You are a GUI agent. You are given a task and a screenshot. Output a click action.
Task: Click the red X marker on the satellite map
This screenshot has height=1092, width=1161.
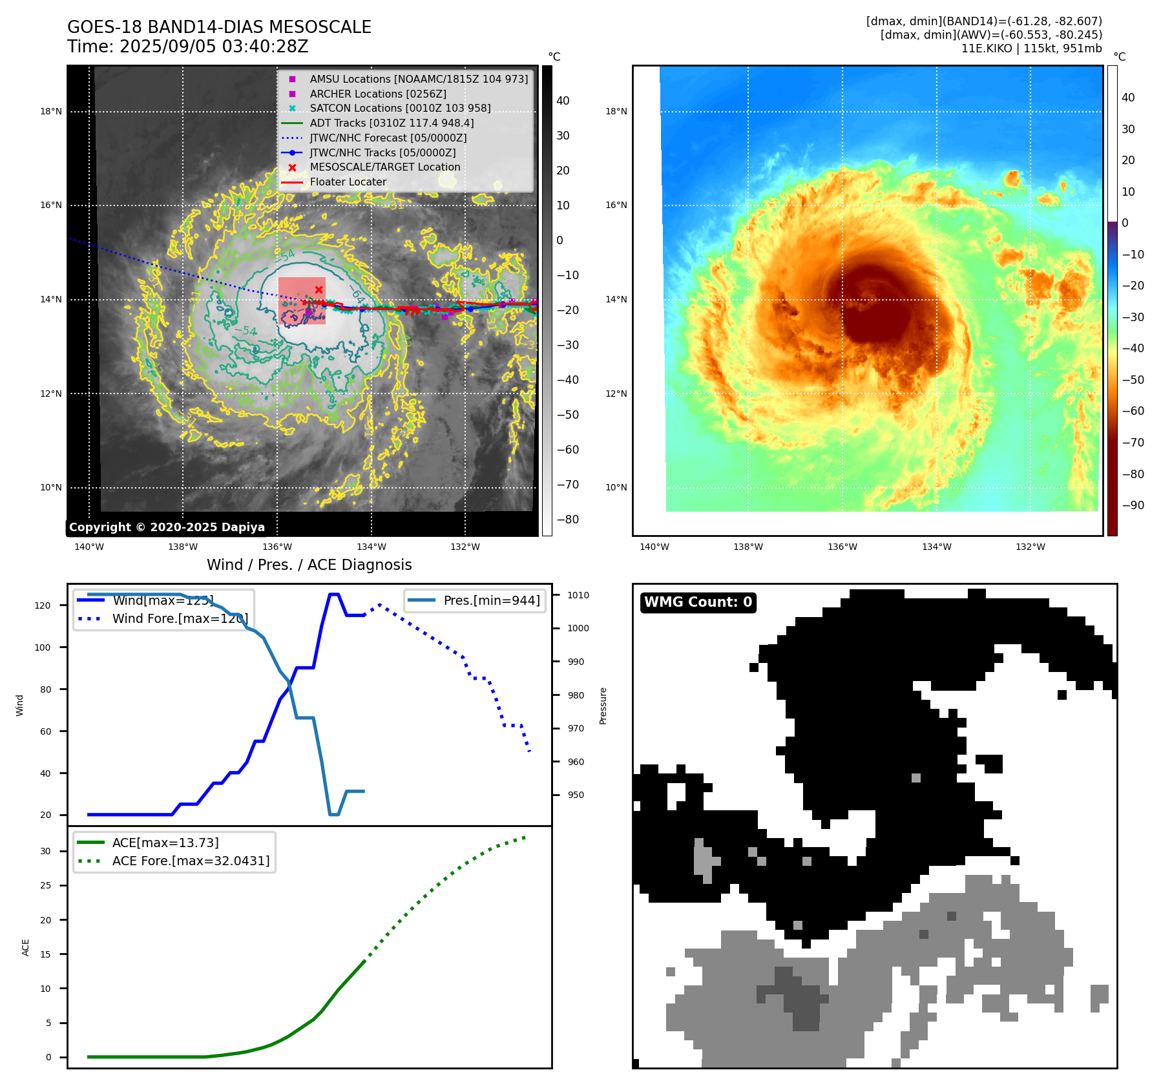[x=319, y=289]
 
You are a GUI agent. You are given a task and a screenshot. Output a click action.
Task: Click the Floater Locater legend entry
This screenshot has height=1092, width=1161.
[x=348, y=182]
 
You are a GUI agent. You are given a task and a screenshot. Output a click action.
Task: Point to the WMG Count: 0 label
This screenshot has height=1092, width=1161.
[x=698, y=602]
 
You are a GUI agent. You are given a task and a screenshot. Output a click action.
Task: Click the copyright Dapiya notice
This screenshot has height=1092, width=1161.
[x=167, y=527]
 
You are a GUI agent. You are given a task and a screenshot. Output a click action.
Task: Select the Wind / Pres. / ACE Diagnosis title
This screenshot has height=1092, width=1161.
[x=309, y=565]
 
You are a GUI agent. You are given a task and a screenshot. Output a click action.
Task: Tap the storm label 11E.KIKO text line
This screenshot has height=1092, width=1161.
[x=1031, y=48]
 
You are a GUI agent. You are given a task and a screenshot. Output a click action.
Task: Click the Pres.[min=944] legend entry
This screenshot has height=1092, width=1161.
[x=491, y=600]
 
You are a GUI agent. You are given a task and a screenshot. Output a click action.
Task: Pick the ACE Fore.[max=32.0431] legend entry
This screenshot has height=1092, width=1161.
[x=191, y=861]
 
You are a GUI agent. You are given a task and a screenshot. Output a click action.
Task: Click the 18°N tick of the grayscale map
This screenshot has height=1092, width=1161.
[x=51, y=111]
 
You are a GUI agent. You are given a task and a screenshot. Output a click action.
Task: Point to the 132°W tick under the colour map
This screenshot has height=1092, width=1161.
[x=1030, y=547]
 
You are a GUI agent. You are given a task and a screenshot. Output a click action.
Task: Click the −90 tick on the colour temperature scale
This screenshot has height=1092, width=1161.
[x=1133, y=505]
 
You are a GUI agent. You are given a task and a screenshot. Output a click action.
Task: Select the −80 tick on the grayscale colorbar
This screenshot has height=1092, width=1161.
[x=568, y=520]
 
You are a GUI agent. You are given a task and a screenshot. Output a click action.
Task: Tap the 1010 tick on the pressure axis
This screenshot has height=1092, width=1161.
[x=578, y=595]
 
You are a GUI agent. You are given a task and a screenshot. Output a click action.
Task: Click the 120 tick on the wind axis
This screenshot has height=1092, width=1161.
[x=43, y=605]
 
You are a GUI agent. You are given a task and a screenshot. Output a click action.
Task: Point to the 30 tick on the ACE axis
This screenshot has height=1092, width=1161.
[x=45, y=851]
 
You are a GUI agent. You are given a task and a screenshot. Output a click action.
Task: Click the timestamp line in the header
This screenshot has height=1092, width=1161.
[x=188, y=47]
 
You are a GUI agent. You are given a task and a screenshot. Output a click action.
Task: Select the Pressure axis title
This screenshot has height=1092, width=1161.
[x=603, y=706]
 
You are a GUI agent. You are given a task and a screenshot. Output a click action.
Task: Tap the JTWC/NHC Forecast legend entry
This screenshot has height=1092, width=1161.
[x=388, y=138]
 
